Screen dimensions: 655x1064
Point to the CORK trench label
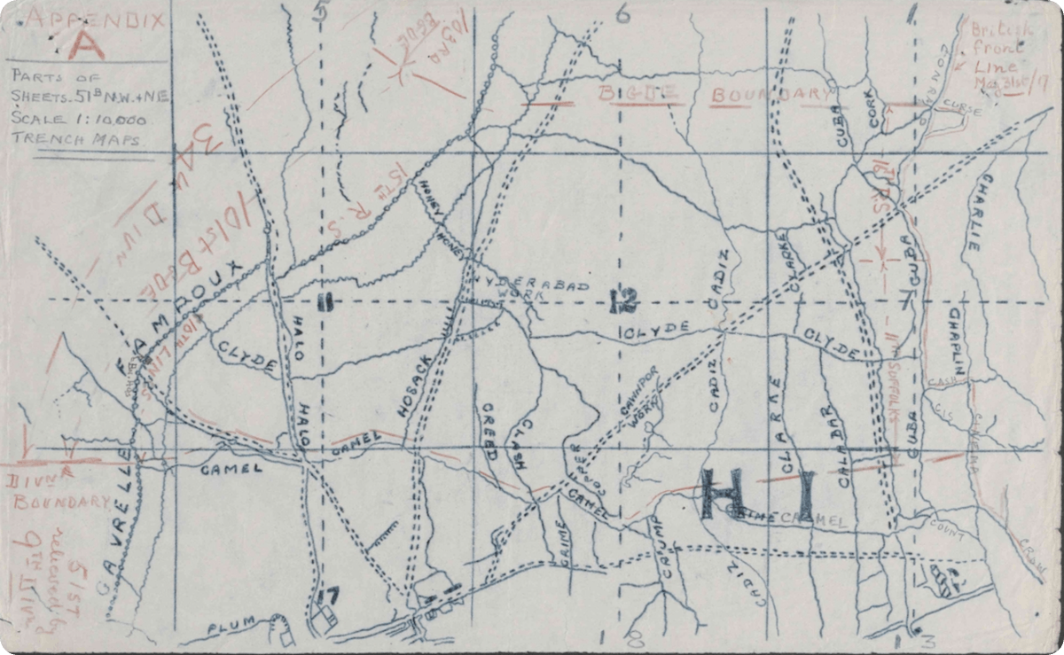[x=879, y=107]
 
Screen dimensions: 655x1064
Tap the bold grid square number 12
[x=623, y=303]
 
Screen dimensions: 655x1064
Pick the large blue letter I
[x=804, y=495]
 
